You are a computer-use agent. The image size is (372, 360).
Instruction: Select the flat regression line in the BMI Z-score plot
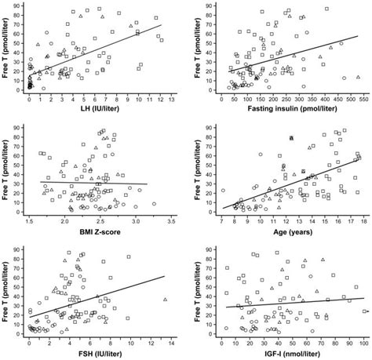pos(94,183)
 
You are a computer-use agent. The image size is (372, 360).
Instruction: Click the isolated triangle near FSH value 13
pos(164,299)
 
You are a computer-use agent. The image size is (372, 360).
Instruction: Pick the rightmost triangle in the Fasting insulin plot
pos(359,77)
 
